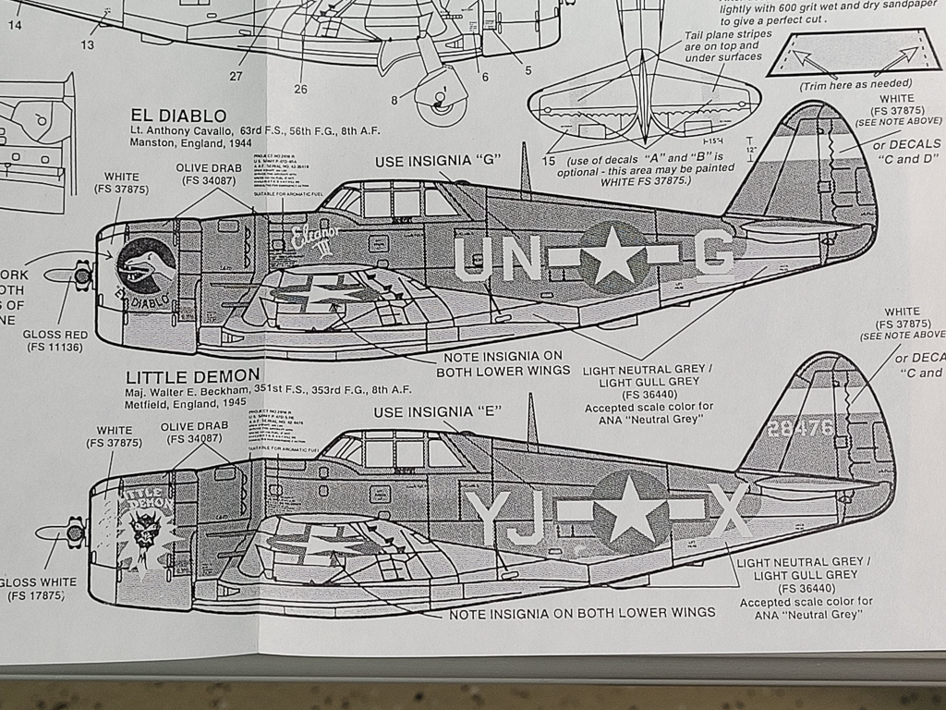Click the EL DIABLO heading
(178, 116)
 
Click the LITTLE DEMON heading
(192, 376)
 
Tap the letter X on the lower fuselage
(730, 510)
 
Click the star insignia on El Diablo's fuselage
(613, 257)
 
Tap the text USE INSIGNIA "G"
(437, 162)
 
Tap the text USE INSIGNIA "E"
(437, 411)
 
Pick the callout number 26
(300, 89)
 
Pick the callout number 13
(87, 44)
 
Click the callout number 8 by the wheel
(394, 100)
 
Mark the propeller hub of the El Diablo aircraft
(82, 275)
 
